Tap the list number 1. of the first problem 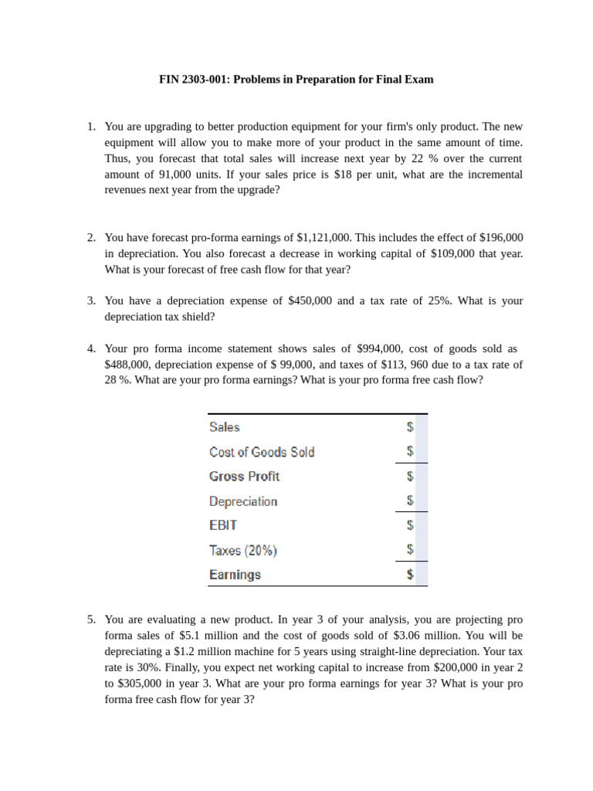tap(91, 126)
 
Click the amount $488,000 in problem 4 tap(128, 365)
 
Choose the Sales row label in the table tap(225, 427)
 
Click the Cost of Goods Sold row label tap(262, 452)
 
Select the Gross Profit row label tap(244, 477)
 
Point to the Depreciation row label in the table tap(243, 501)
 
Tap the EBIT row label tap(223, 525)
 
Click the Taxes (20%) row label tap(243, 551)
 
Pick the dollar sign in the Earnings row tap(410, 575)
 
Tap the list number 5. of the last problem tap(91, 620)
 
